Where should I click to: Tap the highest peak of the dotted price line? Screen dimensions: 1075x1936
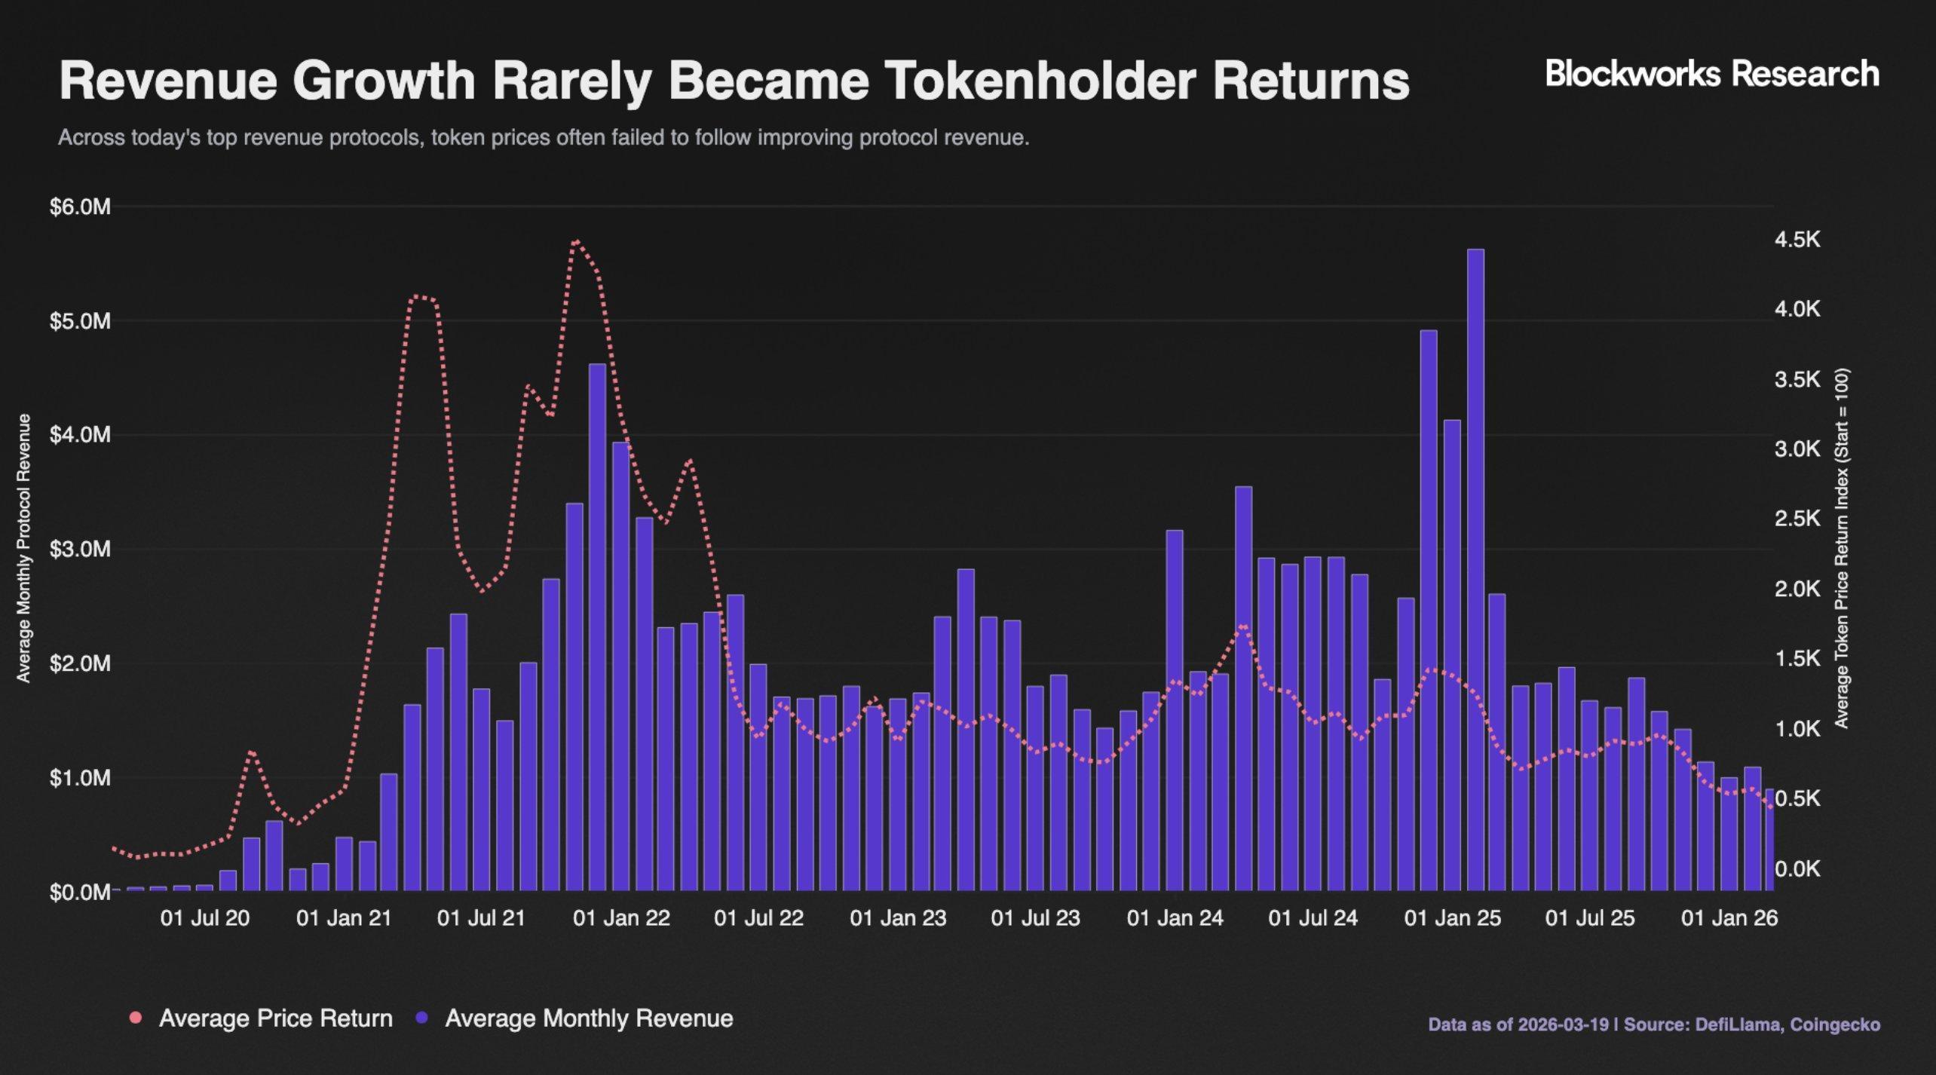(x=576, y=242)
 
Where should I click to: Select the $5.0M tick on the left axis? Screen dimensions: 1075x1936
(x=80, y=321)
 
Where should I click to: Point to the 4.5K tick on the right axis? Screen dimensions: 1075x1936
(x=1797, y=240)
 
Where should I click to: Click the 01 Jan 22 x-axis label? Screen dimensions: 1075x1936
(x=621, y=918)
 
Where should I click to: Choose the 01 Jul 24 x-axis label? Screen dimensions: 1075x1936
(x=1313, y=918)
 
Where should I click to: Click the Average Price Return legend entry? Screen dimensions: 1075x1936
(x=275, y=1018)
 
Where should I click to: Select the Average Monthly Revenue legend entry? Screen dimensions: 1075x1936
(x=588, y=1018)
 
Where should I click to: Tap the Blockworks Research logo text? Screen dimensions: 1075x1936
(x=1712, y=74)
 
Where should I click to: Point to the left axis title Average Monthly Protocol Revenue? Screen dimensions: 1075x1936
(x=24, y=548)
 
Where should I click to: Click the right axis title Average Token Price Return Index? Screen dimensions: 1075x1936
(x=1842, y=548)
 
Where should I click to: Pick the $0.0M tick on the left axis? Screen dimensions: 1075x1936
(x=80, y=893)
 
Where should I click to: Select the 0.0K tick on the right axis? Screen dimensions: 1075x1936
(x=1797, y=869)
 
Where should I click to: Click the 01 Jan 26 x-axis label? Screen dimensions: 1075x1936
(x=1729, y=918)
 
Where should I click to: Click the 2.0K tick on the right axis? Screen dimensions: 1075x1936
(x=1797, y=590)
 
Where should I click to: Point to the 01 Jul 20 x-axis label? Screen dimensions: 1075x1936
(x=204, y=918)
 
